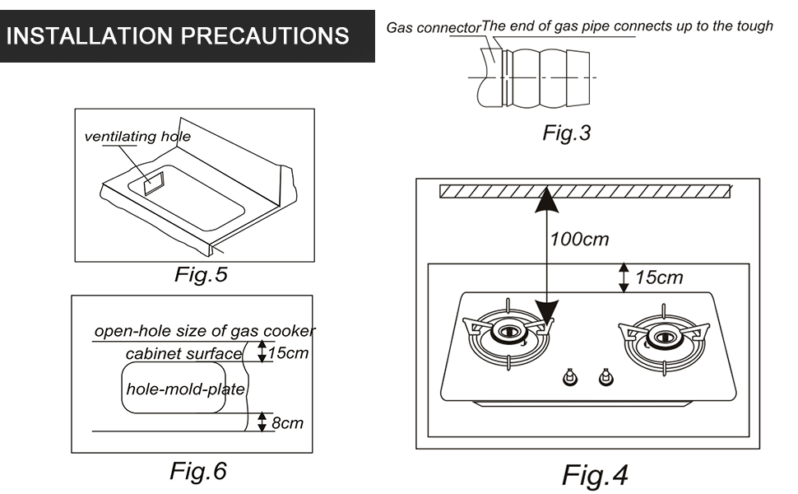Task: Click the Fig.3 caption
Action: point(566,133)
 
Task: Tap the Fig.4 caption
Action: point(595,475)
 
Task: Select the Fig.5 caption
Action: point(200,275)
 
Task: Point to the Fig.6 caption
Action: point(197,471)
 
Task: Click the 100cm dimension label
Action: point(579,240)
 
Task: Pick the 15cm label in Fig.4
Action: point(658,277)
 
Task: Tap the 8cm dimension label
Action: point(287,423)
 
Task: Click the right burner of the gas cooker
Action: point(663,335)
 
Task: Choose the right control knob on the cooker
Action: point(606,377)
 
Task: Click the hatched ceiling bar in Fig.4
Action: point(585,192)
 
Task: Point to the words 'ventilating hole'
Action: point(137,136)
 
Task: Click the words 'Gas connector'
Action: point(433,28)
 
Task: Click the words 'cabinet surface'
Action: point(183,354)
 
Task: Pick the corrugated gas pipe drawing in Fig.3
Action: point(546,76)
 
